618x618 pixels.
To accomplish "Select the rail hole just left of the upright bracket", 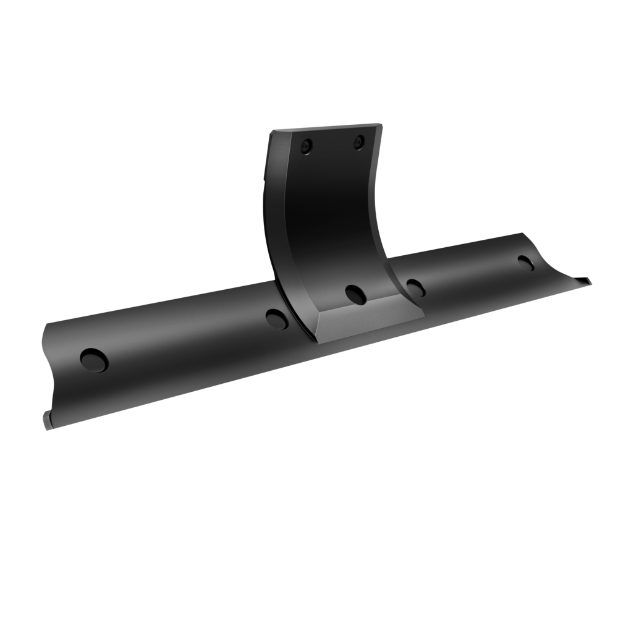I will point(276,318).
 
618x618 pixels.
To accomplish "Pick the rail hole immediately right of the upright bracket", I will point(415,286).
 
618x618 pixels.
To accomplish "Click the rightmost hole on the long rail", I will point(526,261).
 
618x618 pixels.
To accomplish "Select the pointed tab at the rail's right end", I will point(584,281).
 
